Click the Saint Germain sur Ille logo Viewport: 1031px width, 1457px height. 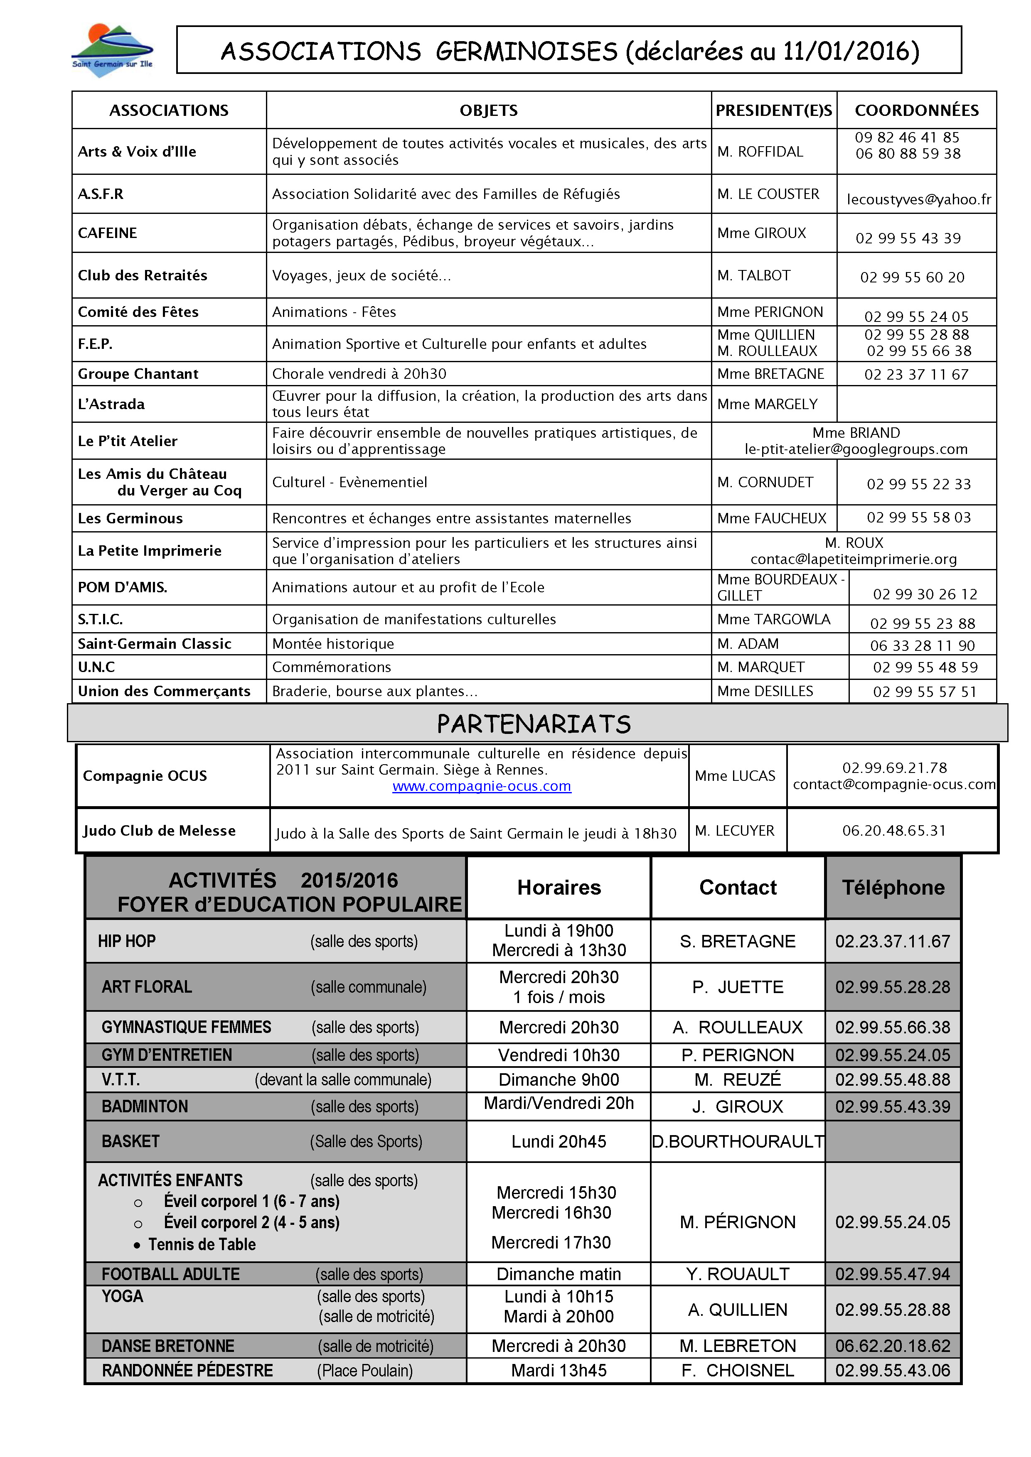(x=112, y=51)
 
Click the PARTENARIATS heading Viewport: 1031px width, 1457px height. (x=534, y=724)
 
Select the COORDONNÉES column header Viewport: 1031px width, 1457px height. (x=916, y=110)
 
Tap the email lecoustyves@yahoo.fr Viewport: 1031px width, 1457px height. (x=919, y=199)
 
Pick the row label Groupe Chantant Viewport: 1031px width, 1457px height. (x=138, y=374)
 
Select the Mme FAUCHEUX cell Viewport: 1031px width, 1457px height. (x=771, y=518)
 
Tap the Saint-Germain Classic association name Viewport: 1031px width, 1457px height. (x=154, y=643)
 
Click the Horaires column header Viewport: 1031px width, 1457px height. (x=559, y=887)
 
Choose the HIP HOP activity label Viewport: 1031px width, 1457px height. (x=127, y=941)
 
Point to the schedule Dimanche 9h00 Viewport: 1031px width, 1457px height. (x=559, y=1079)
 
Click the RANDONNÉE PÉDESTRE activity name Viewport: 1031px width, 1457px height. (x=187, y=1371)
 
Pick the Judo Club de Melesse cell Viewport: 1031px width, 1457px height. (x=159, y=831)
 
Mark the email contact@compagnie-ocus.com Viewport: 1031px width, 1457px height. (x=894, y=784)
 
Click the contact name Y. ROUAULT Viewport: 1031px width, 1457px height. (x=738, y=1274)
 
